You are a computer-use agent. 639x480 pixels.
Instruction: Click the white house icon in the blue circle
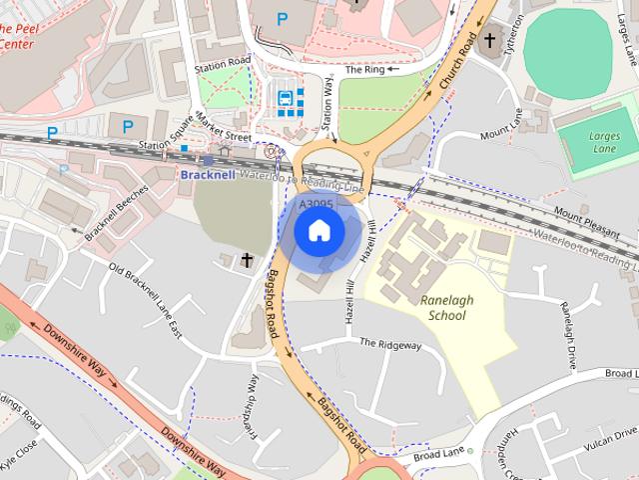(x=319, y=231)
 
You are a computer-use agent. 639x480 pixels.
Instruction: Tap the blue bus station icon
(x=287, y=97)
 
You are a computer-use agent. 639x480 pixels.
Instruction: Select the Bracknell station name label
(x=208, y=174)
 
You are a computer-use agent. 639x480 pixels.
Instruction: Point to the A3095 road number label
(x=317, y=205)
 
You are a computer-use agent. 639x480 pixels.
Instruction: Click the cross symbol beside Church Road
(x=488, y=42)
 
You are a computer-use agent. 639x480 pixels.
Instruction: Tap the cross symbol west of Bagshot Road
(x=248, y=260)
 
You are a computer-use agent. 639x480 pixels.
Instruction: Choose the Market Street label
(x=224, y=129)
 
